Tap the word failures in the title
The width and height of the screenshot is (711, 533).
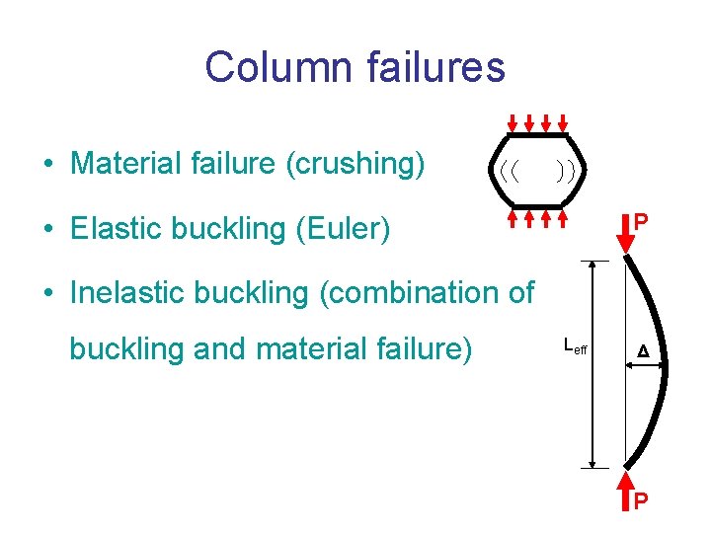tap(427, 67)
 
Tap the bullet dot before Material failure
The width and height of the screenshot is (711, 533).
tap(47, 164)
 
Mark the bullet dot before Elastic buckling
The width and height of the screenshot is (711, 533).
tap(47, 230)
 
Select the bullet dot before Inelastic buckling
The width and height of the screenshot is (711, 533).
tap(47, 293)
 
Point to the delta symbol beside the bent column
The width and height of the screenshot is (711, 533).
tap(643, 351)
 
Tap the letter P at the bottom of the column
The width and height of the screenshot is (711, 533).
tap(641, 501)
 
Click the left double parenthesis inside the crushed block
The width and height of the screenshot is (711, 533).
tap(509, 170)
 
